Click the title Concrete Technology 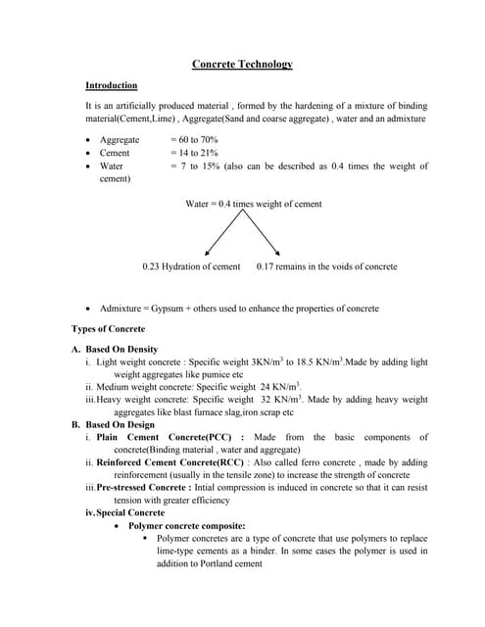pos(242,65)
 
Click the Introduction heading pos(111,85)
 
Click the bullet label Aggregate pos(120,140)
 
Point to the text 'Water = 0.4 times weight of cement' pos(253,204)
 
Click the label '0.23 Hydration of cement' pos(191,266)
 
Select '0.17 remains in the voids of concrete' pos(326,266)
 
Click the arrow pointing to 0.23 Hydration pos(217,236)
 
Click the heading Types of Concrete pos(108,328)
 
